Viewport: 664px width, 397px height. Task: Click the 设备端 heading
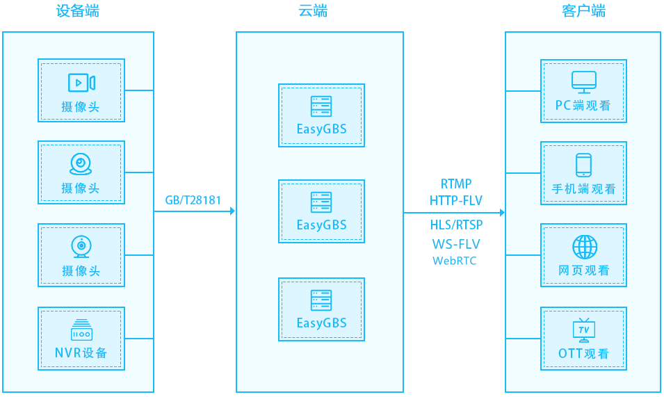click(77, 11)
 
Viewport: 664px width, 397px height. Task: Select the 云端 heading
click(313, 11)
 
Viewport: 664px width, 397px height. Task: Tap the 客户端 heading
click(583, 11)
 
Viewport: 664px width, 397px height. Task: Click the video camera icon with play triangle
click(81, 83)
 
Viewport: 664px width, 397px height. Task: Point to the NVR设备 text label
click(81, 353)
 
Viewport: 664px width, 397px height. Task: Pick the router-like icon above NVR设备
click(81, 330)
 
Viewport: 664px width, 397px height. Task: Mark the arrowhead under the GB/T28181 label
click(232, 211)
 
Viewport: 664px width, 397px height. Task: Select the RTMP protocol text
click(456, 184)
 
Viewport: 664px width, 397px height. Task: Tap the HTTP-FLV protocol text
click(456, 200)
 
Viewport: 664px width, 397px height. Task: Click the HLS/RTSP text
click(456, 225)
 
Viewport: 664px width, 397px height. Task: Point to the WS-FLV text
click(456, 244)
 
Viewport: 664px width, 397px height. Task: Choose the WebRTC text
click(455, 261)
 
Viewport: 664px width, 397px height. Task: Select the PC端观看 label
click(583, 106)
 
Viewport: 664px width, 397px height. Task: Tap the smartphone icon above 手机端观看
click(583, 165)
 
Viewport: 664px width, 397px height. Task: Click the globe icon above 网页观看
click(584, 247)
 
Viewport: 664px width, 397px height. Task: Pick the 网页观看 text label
click(584, 270)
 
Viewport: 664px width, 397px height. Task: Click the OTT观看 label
click(583, 353)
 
